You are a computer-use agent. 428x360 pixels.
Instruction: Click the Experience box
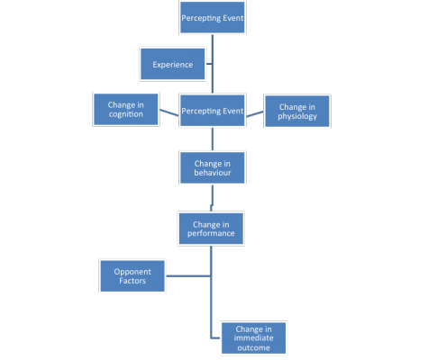click(x=173, y=64)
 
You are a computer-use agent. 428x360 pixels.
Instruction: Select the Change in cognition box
click(x=126, y=109)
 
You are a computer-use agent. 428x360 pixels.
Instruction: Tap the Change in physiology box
click(x=297, y=111)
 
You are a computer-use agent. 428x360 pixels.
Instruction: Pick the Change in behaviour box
click(x=213, y=167)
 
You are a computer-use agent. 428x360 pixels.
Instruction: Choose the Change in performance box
click(x=211, y=229)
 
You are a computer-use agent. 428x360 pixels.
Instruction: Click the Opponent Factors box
click(x=132, y=276)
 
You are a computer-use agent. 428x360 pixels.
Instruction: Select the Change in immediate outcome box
click(x=253, y=338)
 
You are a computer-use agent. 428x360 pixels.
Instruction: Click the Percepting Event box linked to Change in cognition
click(x=213, y=111)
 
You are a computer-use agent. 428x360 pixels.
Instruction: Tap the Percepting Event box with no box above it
click(x=213, y=17)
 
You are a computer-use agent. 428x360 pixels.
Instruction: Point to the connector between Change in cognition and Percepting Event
click(x=169, y=112)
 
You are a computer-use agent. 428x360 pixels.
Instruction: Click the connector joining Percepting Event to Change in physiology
click(x=255, y=114)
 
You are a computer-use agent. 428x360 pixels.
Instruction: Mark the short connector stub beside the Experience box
click(x=209, y=64)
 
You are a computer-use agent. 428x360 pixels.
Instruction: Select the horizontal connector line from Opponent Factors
click(x=188, y=276)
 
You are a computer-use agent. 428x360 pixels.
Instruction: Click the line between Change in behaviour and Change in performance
click(x=212, y=199)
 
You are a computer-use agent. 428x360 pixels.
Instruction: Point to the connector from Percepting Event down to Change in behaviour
click(x=213, y=139)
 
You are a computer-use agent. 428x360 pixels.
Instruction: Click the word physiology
click(x=297, y=116)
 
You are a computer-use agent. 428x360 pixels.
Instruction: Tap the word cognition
click(x=126, y=114)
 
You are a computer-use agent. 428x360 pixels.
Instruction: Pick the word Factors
click(x=132, y=281)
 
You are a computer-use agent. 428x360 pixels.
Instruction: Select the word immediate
click(x=253, y=338)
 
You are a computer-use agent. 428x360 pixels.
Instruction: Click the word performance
click(x=211, y=233)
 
